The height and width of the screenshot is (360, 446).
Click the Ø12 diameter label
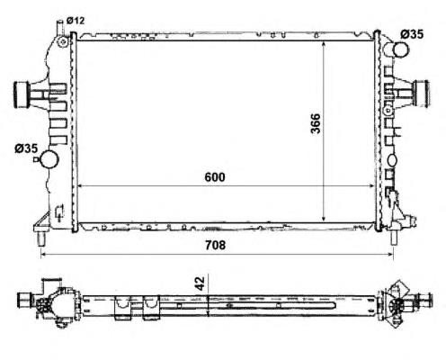tap(76, 21)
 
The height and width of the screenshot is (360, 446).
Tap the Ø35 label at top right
tap(412, 34)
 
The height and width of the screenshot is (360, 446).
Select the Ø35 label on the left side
tap(26, 148)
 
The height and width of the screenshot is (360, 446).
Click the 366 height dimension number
tap(316, 123)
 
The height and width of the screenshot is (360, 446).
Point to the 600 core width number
tap(215, 177)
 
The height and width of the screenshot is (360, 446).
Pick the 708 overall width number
tap(215, 245)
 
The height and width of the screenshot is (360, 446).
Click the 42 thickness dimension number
tap(200, 283)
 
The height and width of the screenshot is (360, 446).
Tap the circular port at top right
tap(400, 49)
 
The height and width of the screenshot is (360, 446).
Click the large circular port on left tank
tap(49, 159)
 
